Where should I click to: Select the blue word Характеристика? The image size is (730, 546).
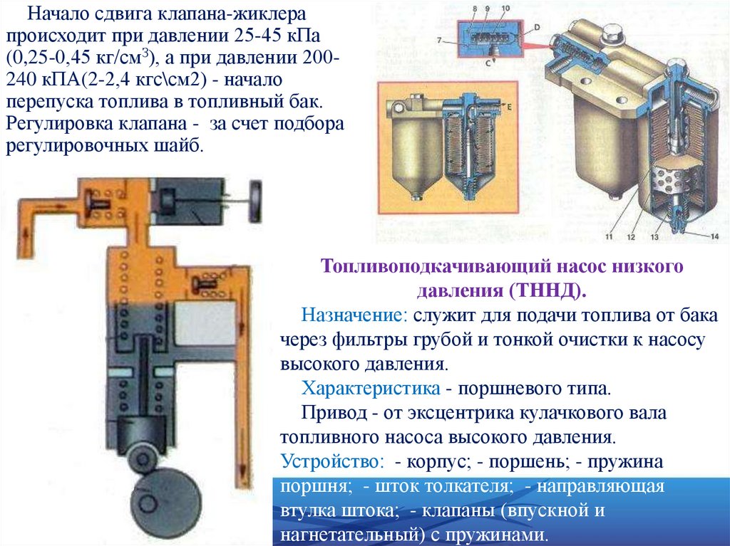(371, 388)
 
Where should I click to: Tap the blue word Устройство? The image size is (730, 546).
(333, 461)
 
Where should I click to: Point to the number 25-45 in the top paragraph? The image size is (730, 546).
(249, 36)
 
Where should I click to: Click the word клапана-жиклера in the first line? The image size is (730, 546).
(231, 14)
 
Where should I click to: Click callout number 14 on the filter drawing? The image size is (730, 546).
(714, 237)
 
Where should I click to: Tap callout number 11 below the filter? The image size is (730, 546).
(609, 237)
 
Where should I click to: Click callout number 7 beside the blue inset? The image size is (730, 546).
(439, 41)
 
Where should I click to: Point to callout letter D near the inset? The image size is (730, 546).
(537, 28)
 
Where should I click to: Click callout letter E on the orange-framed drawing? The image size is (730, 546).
(509, 107)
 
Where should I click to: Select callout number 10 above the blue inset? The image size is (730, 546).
(505, 9)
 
